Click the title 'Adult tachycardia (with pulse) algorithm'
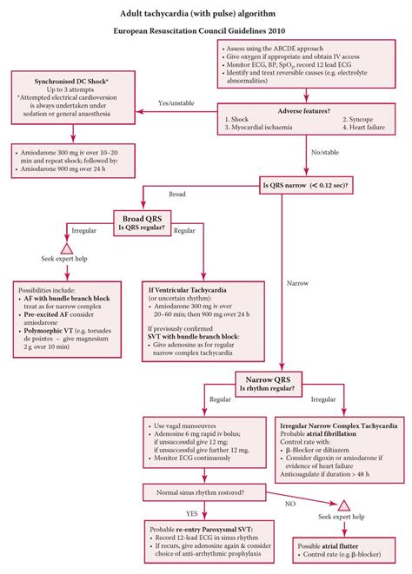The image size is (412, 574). click(206, 13)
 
